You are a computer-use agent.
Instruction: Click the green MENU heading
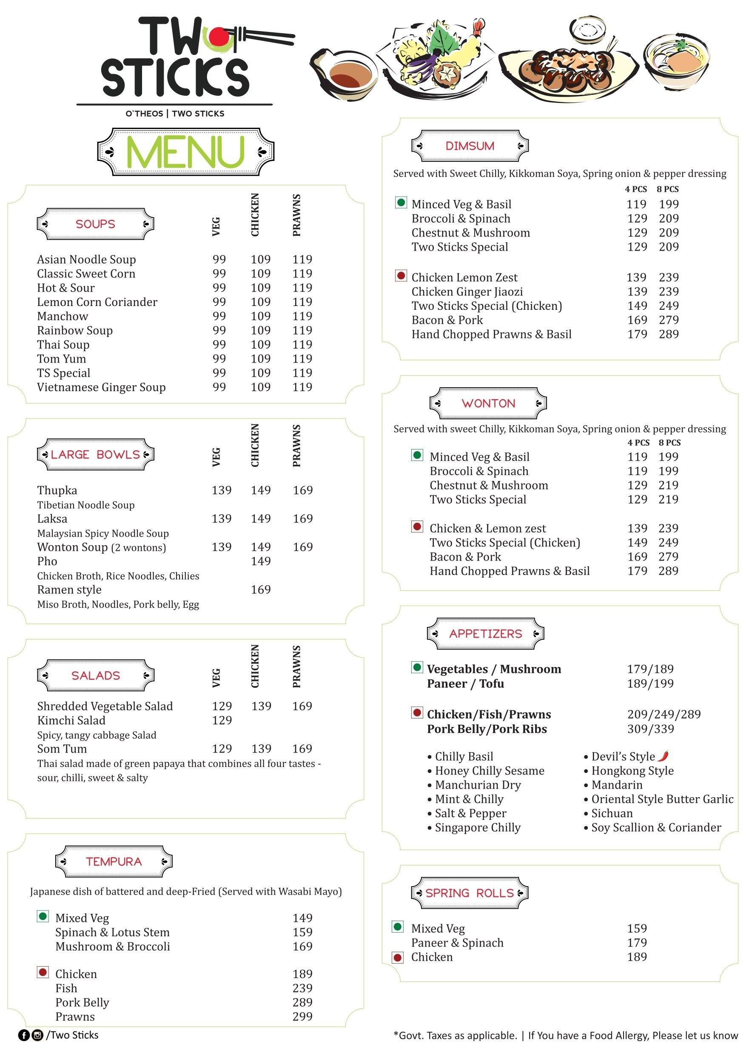click(185, 152)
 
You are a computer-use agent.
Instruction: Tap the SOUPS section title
click(95, 224)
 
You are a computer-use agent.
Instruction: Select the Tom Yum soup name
click(61, 359)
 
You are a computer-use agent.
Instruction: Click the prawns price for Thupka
click(302, 490)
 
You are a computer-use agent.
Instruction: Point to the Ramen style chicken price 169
click(261, 590)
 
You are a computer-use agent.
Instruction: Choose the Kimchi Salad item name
click(71, 720)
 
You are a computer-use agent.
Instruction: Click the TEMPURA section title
click(114, 861)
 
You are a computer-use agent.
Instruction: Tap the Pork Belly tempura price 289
click(302, 1002)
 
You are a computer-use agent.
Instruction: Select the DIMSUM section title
click(470, 146)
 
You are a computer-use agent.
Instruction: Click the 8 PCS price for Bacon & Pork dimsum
click(669, 320)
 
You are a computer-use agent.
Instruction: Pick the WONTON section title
click(488, 404)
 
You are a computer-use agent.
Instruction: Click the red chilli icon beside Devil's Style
click(663, 756)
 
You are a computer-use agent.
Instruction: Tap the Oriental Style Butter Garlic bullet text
click(662, 799)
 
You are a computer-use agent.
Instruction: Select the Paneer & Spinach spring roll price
click(637, 943)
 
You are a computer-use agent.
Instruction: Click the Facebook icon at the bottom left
click(23, 1035)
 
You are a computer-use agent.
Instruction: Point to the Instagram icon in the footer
click(38, 1035)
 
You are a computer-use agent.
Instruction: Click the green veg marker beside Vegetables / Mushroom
click(417, 667)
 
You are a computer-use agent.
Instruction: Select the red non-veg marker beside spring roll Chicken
click(398, 958)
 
